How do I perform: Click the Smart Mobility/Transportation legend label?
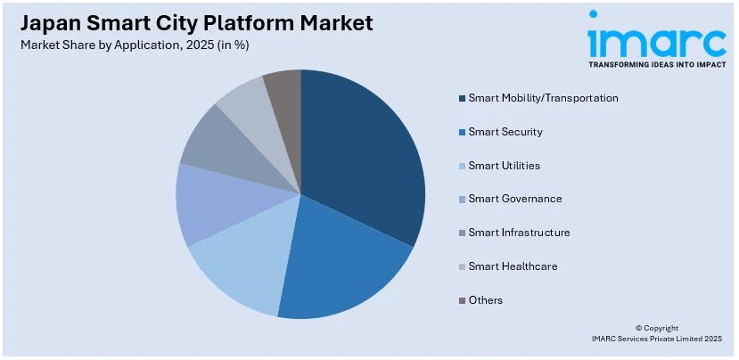(x=543, y=98)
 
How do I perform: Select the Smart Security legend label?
(x=505, y=132)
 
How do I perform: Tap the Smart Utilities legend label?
(x=505, y=166)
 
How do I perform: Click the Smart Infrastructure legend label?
(x=519, y=233)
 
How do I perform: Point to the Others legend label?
(x=486, y=300)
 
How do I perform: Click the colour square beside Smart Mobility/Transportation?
(x=461, y=98)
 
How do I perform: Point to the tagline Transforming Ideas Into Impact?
(x=657, y=65)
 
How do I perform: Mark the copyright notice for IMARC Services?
(x=656, y=333)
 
